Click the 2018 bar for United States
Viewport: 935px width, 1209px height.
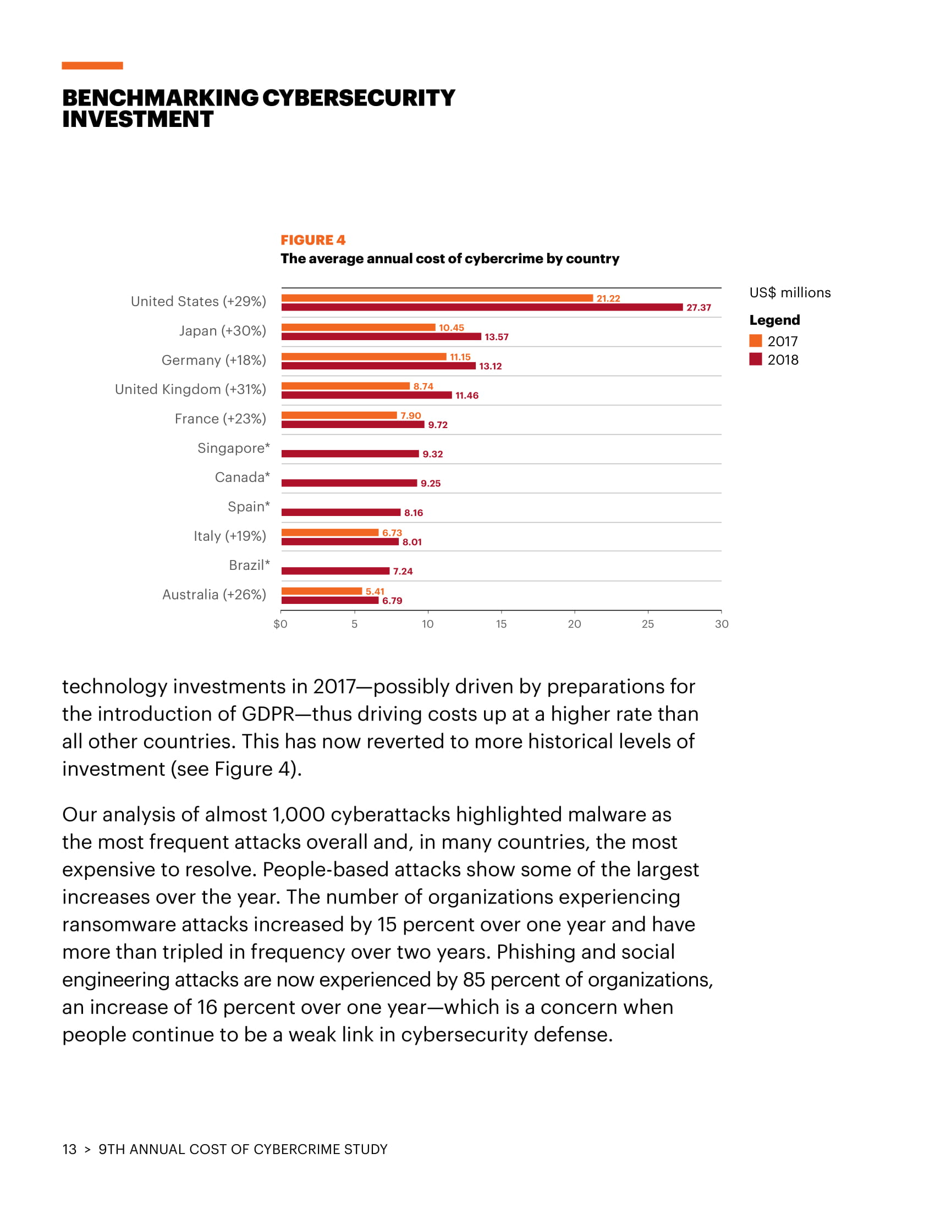tap(481, 307)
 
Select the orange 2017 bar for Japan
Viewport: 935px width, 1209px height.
tap(358, 327)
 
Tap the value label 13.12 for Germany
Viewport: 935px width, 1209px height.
tap(490, 367)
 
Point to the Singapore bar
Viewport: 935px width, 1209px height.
tap(349, 454)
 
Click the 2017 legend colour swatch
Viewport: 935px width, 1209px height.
tap(756, 341)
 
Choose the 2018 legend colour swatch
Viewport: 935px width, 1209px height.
tap(756, 359)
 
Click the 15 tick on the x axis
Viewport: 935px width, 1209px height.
tap(501, 624)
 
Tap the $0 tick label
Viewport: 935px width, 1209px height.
tap(280, 624)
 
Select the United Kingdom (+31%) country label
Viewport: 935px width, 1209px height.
tap(190, 389)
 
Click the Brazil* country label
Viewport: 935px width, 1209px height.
tap(249, 565)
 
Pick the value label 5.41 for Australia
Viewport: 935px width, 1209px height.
tap(375, 591)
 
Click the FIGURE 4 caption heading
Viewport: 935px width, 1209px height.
tap(313, 240)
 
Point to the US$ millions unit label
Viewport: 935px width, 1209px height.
tap(789, 292)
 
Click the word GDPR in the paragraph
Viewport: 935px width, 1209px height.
tap(268, 714)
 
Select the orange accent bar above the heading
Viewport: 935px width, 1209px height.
tap(92, 65)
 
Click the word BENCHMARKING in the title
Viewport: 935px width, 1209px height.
tap(160, 98)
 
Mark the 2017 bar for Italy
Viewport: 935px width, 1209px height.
tap(329, 533)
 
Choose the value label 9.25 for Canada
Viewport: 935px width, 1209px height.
tap(431, 483)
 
